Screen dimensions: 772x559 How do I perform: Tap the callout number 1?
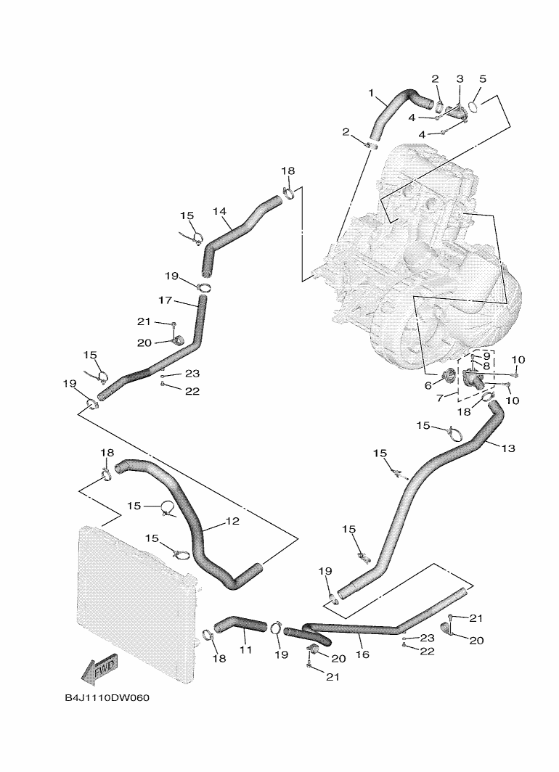coord(372,93)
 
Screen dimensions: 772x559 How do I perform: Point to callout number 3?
coord(460,78)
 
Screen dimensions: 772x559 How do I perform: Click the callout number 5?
coord(483,78)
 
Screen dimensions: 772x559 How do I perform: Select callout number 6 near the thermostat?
coord(428,385)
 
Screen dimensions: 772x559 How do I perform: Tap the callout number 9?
coord(486,356)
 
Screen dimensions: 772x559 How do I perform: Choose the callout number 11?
coord(246,650)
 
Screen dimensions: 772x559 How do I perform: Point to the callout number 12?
coord(232,521)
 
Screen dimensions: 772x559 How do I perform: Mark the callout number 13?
coord(507,448)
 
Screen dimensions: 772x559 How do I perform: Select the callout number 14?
coord(220,211)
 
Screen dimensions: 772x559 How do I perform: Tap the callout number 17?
coord(165,300)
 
